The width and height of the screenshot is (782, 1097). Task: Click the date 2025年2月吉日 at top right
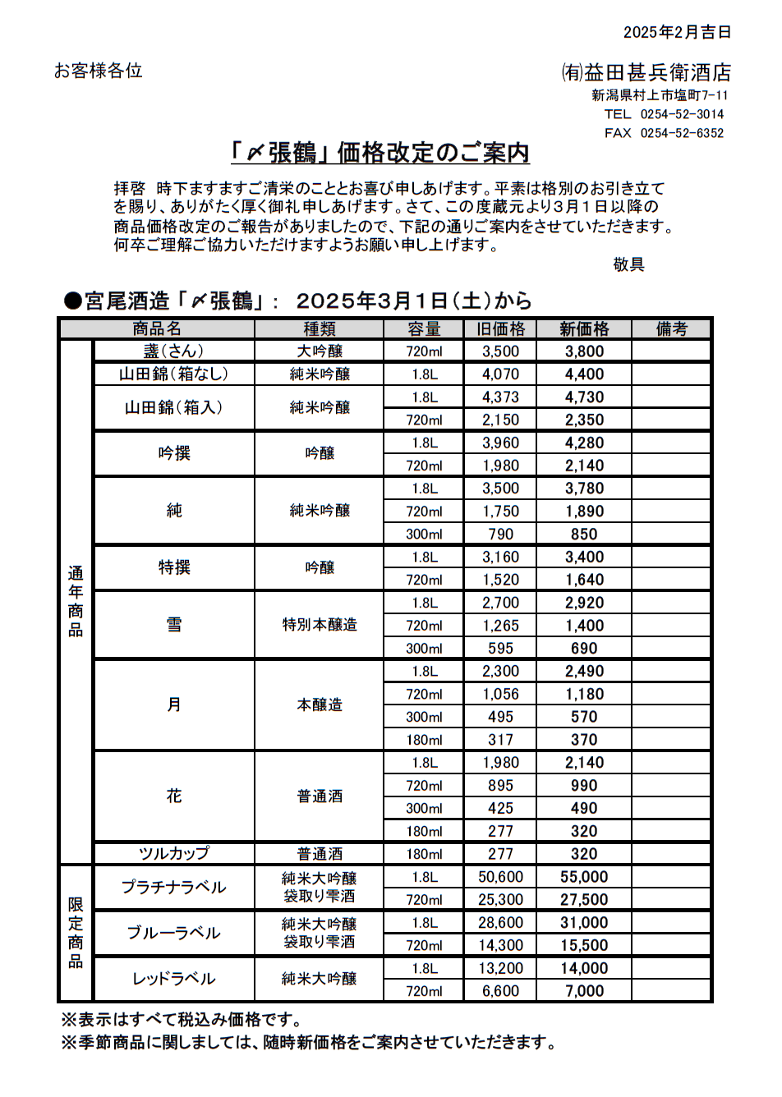point(677,32)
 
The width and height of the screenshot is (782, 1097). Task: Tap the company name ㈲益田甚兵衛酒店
point(646,72)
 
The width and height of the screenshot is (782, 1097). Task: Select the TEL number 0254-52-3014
point(682,114)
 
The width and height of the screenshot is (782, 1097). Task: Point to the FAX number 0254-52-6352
point(682,133)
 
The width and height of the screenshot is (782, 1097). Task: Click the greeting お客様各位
point(99,71)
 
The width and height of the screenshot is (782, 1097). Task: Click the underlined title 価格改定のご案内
point(379,153)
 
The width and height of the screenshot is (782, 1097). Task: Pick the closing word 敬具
point(628,264)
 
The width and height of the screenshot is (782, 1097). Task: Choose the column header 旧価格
point(500,329)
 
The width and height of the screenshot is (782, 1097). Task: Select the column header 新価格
point(584,329)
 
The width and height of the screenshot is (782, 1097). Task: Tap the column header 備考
point(671,329)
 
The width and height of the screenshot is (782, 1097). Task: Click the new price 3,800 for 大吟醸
point(584,351)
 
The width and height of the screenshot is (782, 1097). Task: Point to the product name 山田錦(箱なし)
point(173,374)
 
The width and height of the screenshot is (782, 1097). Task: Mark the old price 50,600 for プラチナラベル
point(500,877)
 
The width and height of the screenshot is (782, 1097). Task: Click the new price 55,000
point(584,877)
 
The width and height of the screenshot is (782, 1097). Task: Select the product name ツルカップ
point(173,854)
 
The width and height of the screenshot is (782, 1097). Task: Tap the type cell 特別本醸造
point(320,625)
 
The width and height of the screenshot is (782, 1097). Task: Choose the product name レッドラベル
point(173,979)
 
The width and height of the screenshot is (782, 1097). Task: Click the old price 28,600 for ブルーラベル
point(500,923)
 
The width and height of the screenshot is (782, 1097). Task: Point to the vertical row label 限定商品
point(76,933)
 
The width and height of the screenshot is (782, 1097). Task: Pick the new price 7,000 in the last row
point(584,991)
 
